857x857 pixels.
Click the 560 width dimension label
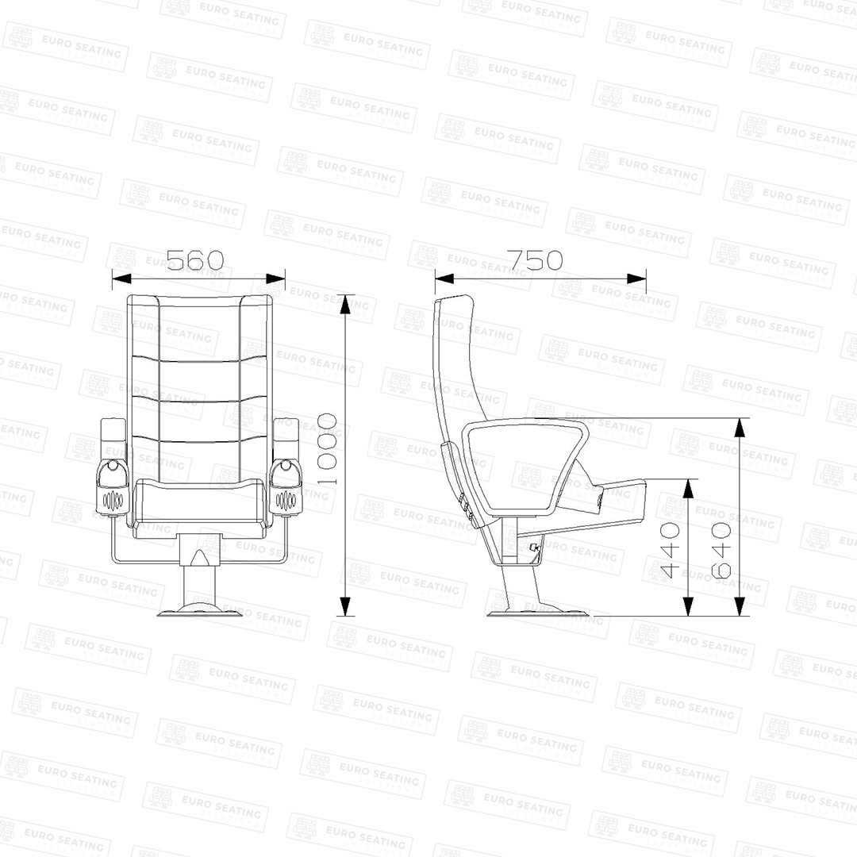(195, 260)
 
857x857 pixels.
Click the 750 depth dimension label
(535, 260)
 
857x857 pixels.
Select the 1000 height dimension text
(327, 449)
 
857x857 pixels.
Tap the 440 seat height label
(670, 551)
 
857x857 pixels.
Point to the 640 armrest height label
(721, 551)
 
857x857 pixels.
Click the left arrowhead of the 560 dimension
(121, 279)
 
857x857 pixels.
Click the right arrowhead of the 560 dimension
(275, 279)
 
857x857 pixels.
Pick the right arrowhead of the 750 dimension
(636, 279)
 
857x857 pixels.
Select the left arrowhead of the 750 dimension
(445, 279)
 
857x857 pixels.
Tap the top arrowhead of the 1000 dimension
(345, 305)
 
